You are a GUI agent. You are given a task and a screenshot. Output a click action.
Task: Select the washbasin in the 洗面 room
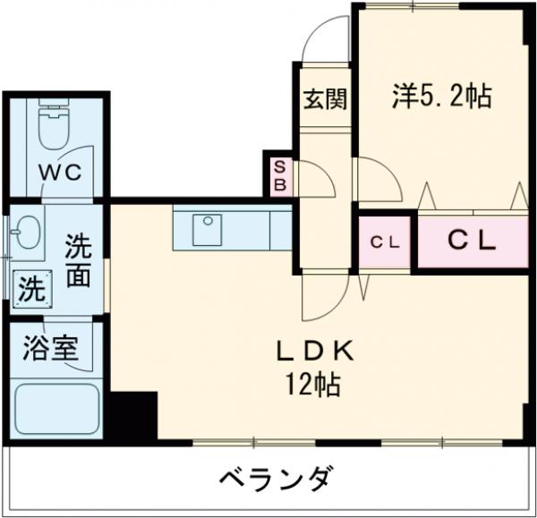coord(28,234)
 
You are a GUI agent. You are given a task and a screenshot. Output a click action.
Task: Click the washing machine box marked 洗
coord(31,289)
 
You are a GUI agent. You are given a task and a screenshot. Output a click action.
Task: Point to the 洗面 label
coord(78,260)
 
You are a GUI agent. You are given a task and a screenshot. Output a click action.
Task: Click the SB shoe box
coord(279,176)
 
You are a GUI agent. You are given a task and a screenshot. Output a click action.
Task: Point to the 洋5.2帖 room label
coord(441,96)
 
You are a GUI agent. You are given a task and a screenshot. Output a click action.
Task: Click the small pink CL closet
coord(386,241)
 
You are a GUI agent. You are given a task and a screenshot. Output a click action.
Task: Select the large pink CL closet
coord(472,241)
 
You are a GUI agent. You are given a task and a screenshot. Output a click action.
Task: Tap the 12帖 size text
coord(312,386)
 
